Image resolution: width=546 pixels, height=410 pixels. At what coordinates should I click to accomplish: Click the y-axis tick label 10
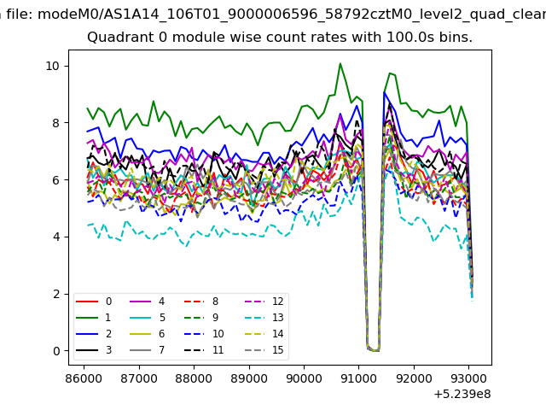point(53,66)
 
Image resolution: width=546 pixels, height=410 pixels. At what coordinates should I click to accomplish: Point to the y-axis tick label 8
point(56,123)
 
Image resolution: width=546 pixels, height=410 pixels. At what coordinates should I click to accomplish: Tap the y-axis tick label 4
point(56,237)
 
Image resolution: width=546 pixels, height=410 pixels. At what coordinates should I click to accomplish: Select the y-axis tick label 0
point(56,351)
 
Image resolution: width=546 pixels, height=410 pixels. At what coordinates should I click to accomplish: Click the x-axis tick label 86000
point(84,378)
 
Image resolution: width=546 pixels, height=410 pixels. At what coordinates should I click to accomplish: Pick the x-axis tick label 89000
point(249,378)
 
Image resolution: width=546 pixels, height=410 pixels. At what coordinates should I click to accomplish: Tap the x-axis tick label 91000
point(358,378)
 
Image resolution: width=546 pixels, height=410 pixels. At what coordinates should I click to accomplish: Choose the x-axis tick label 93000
point(468,378)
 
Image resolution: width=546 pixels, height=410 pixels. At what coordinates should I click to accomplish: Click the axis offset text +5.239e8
point(462,395)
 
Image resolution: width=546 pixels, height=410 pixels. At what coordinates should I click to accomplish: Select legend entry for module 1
point(93,317)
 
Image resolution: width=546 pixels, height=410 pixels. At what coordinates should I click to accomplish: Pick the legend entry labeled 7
point(148,349)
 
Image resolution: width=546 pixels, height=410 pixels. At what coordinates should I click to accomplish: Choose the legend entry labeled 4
point(148,302)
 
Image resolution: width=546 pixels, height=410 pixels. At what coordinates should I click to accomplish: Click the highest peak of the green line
point(340,63)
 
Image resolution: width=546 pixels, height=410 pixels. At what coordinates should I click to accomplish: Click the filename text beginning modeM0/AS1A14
point(292,15)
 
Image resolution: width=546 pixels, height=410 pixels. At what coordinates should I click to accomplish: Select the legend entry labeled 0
point(94,302)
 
